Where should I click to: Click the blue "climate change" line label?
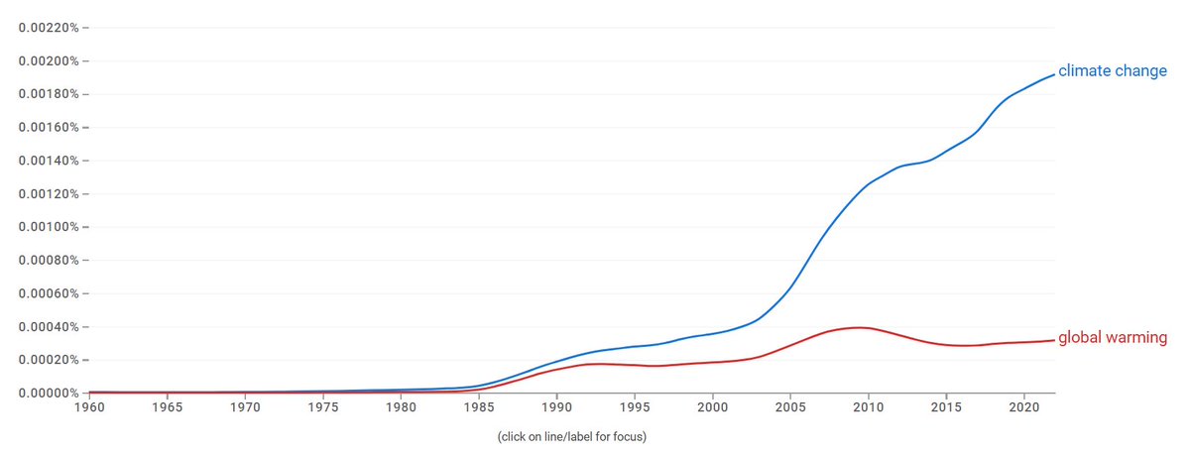tap(1113, 71)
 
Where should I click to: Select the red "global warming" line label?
tap(1113, 338)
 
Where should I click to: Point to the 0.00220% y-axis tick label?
tap(49, 28)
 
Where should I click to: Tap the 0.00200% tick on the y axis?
tap(49, 61)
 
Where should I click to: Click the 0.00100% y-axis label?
tap(49, 227)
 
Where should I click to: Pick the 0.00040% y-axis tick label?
tap(49, 327)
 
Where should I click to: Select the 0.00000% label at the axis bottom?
tap(49, 394)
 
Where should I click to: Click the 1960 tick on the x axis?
tap(89, 407)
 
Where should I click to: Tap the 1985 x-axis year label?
tap(479, 407)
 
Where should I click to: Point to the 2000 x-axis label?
tap(713, 407)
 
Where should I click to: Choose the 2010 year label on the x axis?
tap(869, 407)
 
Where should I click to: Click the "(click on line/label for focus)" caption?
tap(571, 435)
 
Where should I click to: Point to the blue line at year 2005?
tap(790, 287)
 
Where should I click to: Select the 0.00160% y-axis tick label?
tap(49, 128)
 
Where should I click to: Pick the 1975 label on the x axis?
tap(323, 407)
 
